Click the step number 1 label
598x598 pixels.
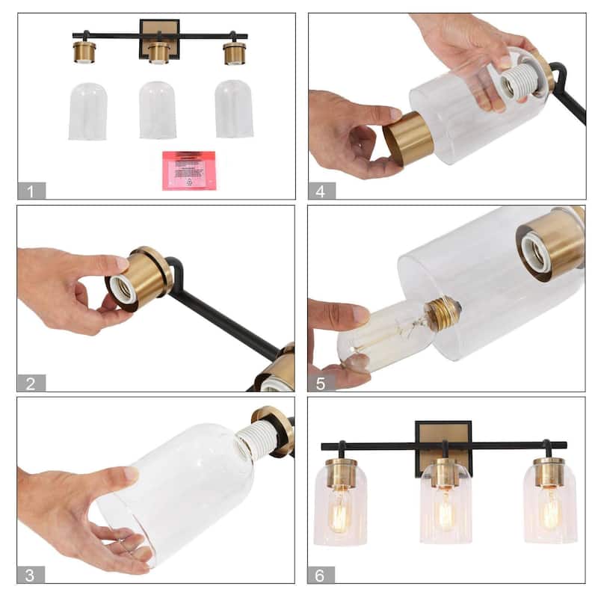pos(31,191)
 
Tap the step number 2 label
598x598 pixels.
pos(31,383)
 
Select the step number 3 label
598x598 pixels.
pos(31,575)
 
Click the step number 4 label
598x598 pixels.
pos(321,191)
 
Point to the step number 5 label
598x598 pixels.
pos(321,383)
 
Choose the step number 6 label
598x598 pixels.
pos(321,575)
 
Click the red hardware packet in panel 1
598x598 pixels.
pos(189,170)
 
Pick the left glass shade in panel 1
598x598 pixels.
pos(88,111)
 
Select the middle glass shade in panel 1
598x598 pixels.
pos(158,110)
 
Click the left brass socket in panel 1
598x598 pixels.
pos(84,52)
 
